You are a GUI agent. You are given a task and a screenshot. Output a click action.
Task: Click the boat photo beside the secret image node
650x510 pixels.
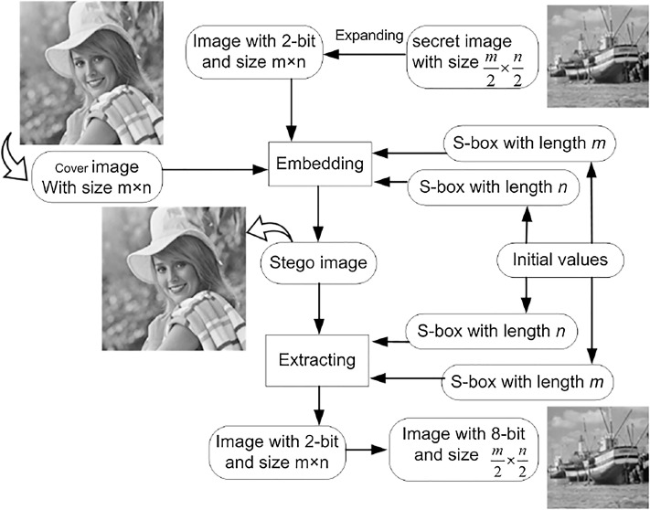[x=597, y=55]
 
